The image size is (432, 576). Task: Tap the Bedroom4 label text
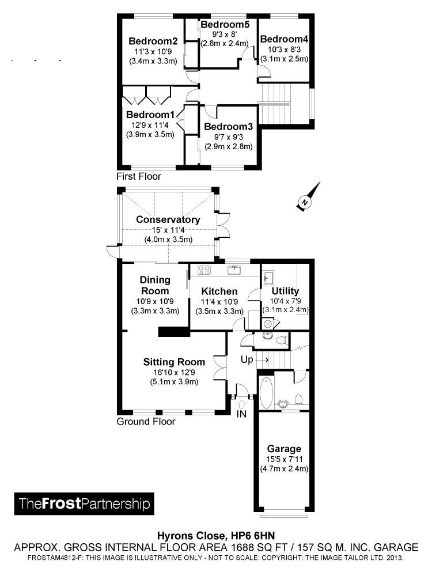[284, 39]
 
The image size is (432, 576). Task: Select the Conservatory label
[168, 219]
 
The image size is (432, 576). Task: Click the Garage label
[284, 449]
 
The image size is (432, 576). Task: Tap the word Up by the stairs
[247, 359]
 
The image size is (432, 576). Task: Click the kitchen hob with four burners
[205, 270]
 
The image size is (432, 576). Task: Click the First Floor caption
[139, 176]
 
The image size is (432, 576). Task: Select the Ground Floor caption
[146, 422]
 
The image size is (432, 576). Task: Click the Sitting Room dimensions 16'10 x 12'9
[174, 372]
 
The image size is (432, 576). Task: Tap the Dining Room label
[155, 285]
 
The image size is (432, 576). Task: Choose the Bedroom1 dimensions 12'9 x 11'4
[150, 125]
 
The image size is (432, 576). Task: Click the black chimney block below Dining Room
[174, 331]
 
